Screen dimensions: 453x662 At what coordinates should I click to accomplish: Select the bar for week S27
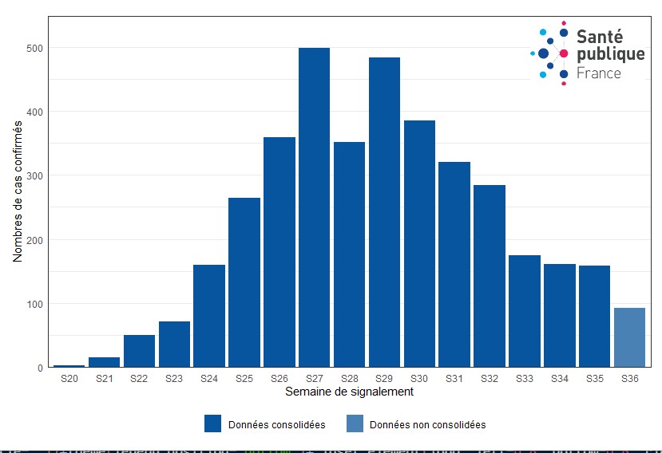pyautogui.click(x=314, y=207)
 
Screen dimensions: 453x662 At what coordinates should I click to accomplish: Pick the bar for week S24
pyautogui.click(x=209, y=316)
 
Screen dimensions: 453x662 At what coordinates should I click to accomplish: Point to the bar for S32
pyautogui.click(x=489, y=276)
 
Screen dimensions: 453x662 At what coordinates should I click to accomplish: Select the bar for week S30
pyautogui.click(x=419, y=244)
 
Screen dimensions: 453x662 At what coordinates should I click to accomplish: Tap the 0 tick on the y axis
pyautogui.click(x=38, y=368)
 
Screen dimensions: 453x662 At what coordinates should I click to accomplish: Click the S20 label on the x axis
pyautogui.click(x=69, y=379)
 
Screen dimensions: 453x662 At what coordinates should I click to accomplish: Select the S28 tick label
pyautogui.click(x=349, y=379)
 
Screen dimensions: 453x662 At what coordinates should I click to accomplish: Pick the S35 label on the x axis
pyautogui.click(x=594, y=379)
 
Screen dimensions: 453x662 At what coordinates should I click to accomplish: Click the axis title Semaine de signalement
pyautogui.click(x=349, y=392)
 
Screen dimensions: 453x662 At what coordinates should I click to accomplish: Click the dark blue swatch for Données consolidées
pyautogui.click(x=212, y=424)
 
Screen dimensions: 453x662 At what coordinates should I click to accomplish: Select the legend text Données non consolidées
pyautogui.click(x=427, y=425)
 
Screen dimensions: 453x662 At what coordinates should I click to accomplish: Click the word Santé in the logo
pyautogui.click(x=599, y=36)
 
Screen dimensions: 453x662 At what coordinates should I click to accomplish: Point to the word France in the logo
pyautogui.click(x=598, y=73)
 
